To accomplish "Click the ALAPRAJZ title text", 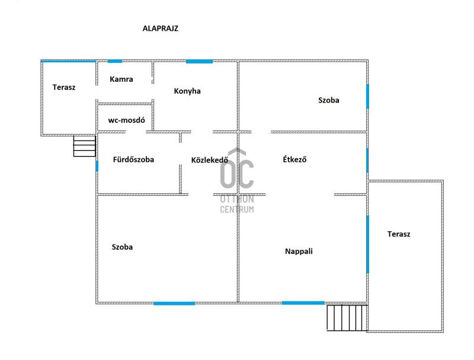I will [161, 28].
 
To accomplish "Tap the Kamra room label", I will [121, 79].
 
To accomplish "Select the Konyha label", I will [187, 91].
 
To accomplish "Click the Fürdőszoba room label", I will [133, 160].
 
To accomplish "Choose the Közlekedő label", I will [209, 160].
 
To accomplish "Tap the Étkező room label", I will [294, 159].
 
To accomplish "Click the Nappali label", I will [299, 251].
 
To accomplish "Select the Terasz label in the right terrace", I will [399, 234].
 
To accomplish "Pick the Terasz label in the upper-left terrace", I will [64, 87].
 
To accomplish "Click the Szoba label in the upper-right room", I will [329, 100].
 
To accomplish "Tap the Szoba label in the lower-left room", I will [122, 247].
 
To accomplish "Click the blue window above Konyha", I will [199, 61].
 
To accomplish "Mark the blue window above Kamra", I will [114, 61].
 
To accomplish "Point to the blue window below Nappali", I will [303, 303].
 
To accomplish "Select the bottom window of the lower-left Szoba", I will [174, 304].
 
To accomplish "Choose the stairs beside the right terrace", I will [347, 318].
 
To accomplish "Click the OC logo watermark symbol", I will [237, 168].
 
